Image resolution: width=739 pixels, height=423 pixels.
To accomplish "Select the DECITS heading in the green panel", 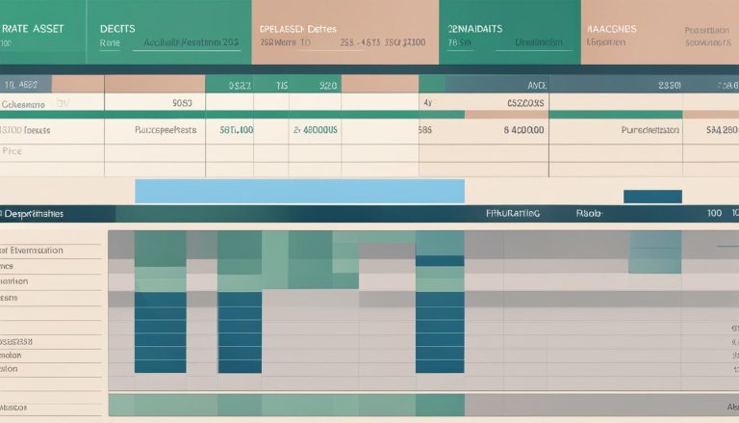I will pos(117,29).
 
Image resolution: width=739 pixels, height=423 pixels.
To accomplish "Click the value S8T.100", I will pos(237,129).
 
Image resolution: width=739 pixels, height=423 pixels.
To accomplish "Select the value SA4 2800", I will pos(721,129).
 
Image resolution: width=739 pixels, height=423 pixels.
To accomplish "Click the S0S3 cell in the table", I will pos(182,102).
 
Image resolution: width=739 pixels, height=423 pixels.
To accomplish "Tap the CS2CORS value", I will pos(525,102).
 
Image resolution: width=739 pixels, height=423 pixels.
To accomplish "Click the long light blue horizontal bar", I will pos(299,191).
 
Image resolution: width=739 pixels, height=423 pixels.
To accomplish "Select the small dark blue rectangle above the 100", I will pos(651,197).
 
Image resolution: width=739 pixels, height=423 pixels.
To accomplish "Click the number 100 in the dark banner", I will pos(714,213).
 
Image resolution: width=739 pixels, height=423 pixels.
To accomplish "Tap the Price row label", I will pos(12,151).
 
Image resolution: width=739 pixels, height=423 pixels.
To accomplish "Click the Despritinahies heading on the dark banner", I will pos(33,213).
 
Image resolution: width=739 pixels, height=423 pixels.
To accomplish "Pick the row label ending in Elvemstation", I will pos(33,250).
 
